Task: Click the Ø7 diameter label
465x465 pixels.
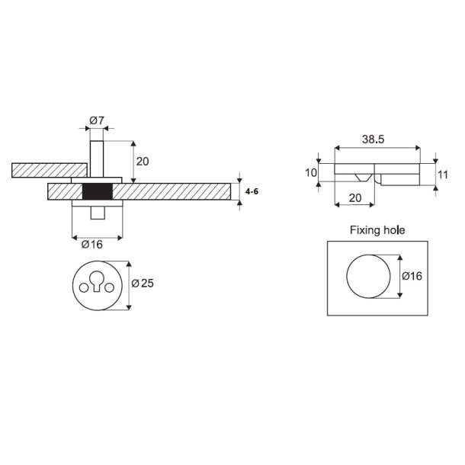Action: (x=96, y=121)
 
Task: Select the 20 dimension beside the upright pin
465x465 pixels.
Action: (x=143, y=160)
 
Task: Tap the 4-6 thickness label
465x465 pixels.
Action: (x=252, y=191)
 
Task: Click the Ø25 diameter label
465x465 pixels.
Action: (x=143, y=283)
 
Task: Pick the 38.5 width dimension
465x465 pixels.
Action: (x=374, y=140)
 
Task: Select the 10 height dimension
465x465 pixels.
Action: (x=310, y=173)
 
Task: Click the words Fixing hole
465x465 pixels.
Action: (x=377, y=229)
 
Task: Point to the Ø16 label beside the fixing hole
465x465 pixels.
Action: (x=412, y=275)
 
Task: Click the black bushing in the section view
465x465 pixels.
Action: (x=96, y=191)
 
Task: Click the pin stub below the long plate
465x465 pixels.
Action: (x=96, y=212)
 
